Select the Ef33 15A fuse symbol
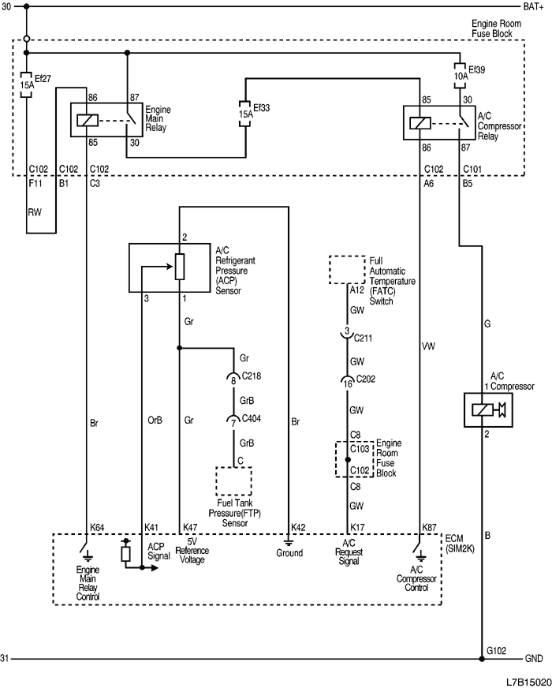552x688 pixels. [246, 113]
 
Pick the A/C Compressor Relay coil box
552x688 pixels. [420, 121]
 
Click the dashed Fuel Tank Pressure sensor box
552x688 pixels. [233, 480]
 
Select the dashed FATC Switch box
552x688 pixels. [348, 270]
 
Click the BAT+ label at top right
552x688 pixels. [535, 7]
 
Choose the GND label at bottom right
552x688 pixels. [533, 659]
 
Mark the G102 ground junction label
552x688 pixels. [497, 650]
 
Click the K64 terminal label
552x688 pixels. [97, 526]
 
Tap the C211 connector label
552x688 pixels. [364, 338]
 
